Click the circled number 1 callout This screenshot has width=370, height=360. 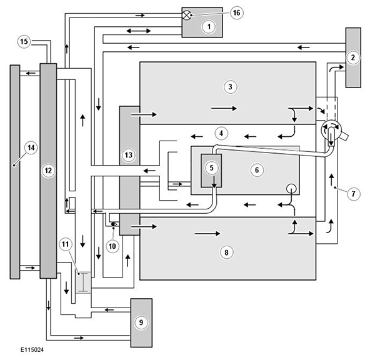pyautogui.click(x=209, y=27)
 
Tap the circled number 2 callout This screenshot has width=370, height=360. pyautogui.click(x=352, y=57)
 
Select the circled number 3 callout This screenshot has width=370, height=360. pyautogui.click(x=230, y=87)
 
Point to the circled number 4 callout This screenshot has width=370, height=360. pyautogui.click(x=221, y=133)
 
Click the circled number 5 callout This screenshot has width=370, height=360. pyautogui.click(x=211, y=167)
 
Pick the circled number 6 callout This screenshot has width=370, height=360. pyautogui.click(x=257, y=170)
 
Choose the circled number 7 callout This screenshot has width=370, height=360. pyautogui.click(x=353, y=194)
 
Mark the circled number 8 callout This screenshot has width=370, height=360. pyautogui.click(x=226, y=252)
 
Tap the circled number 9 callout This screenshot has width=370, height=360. pyautogui.click(x=141, y=322)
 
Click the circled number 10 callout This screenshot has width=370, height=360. pyautogui.click(x=112, y=246)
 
